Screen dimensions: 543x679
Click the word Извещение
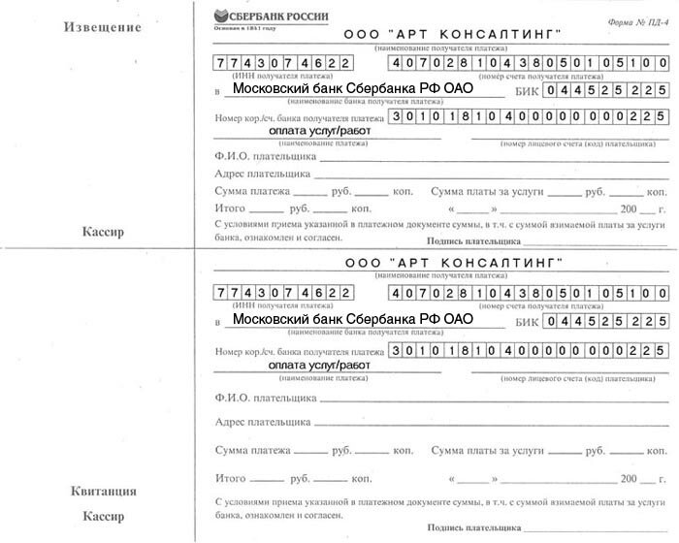tap(103, 27)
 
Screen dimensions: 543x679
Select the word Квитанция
tap(103, 491)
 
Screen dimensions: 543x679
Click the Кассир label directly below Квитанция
tap(103, 515)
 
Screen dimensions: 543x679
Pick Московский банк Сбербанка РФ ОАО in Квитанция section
tap(353, 318)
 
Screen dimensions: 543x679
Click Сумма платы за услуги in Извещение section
tap(494, 191)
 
